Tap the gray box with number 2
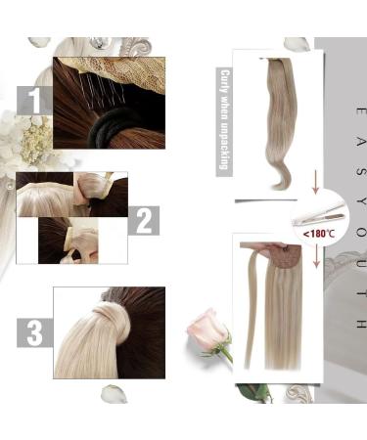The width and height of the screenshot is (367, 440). tap(142, 221)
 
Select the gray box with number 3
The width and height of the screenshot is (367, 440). tap(35, 333)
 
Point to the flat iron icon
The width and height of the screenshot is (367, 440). tap(321, 212)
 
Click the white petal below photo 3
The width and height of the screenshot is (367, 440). tap(114, 393)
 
